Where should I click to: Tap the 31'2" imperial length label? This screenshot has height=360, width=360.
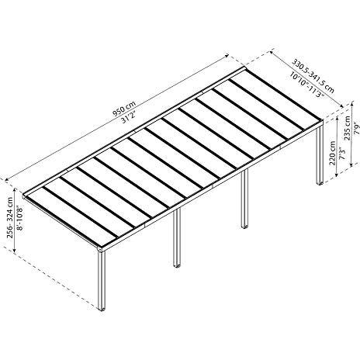pyautogui.click(x=129, y=116)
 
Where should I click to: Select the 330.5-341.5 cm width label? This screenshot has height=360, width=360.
pyautogui.click(x=313, y=76)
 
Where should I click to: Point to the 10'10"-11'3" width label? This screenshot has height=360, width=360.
pyautogui.click(x=306, y=85)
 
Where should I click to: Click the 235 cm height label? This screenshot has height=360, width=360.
pyautogui.click(x=348, y=128)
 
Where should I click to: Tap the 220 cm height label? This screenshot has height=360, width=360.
pyautogui.click(x=332, y=153)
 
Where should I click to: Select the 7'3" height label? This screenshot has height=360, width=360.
pyautogui.click(x=341, y=154)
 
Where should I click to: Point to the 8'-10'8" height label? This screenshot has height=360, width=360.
pyautogui.click(x=19, y=219)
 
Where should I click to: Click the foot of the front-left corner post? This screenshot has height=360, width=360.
pyautogui.click(x=102, y=309)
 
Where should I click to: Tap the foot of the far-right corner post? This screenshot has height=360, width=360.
pyautogui.click(x=320, y=182)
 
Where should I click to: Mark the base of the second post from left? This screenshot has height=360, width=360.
pyautogui.click(x=177, y=265)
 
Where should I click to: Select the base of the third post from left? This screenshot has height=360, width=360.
pyautogui.click(x=244, y=227)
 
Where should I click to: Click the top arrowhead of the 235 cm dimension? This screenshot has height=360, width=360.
pyautogui.click(x=351, y=105)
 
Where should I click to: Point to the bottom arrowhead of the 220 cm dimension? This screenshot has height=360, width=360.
pyautogui.click(x=337, y=175)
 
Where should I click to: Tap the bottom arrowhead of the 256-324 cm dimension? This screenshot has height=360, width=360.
pyautogui.click(x=15, y=250)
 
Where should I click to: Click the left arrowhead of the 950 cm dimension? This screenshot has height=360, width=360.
pyautogui.click(x=7, y=179)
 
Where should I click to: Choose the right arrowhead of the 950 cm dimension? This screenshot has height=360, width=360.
pyautogui.click(x=227, y=55)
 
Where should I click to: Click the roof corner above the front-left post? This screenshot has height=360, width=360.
pyautogui.click(x=100, y=249)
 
